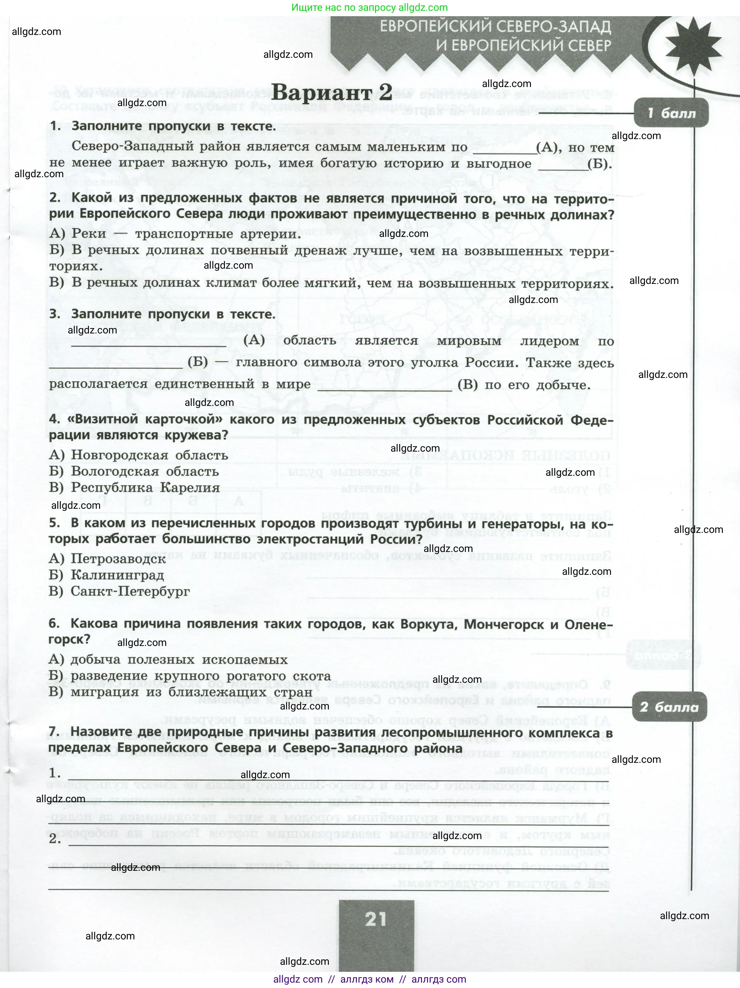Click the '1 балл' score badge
pyautogui.click(x=671, y=113)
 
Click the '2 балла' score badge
pyautogui.click(x=669, y=707)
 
